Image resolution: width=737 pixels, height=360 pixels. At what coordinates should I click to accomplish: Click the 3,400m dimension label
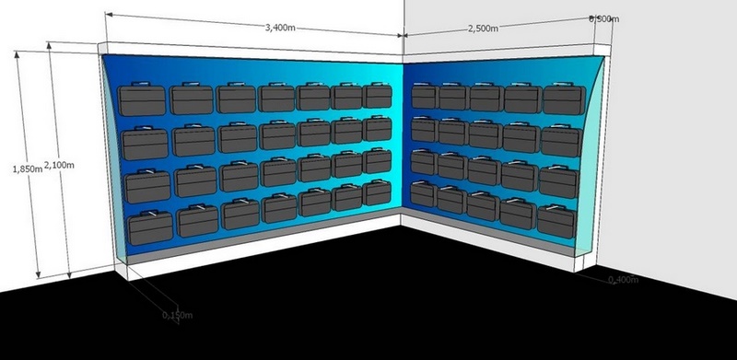280,28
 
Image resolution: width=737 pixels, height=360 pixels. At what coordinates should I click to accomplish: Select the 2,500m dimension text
483,29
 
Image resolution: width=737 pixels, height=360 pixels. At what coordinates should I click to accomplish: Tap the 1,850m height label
28,169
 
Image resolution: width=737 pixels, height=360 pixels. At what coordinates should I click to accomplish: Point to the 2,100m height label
59,165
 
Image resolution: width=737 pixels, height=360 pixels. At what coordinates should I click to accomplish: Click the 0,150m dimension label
177,315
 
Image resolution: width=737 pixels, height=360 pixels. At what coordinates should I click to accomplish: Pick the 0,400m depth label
624,280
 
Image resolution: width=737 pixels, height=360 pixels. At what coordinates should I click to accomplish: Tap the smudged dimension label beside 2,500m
604,18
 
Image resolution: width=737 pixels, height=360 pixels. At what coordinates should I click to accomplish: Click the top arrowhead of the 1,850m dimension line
18,54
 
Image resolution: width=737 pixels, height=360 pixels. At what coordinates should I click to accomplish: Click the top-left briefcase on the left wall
142,99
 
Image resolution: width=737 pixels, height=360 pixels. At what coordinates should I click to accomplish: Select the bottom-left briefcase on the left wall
150,228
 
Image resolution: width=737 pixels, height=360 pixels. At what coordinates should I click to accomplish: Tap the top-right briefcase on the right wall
564,99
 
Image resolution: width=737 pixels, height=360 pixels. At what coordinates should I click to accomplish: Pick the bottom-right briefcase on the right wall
556,221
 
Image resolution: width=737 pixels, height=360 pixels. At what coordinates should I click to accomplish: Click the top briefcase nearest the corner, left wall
378,96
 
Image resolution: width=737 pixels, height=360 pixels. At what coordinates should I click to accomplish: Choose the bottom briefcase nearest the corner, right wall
424,194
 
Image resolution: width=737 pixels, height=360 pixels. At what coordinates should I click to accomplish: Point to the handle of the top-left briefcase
141,84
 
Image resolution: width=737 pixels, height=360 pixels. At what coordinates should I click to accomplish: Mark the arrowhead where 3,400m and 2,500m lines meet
403,35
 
